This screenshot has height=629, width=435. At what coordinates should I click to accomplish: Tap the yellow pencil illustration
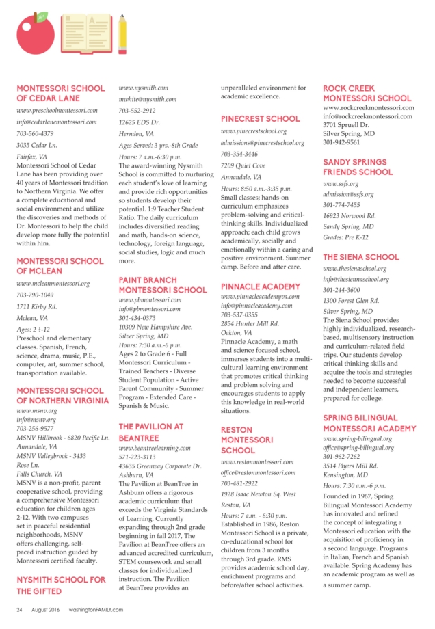(122, 32)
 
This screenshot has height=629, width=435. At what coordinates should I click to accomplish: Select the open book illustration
(85, 31)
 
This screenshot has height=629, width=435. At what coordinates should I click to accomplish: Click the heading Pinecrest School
(260, 119)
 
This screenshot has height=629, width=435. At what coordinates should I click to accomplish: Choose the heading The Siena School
(360, 258)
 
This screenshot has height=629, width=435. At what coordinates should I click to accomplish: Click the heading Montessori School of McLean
(60, 266)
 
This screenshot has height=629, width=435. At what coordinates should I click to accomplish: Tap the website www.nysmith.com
(144, 88)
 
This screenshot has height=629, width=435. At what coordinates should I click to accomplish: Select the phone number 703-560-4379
(35, 134)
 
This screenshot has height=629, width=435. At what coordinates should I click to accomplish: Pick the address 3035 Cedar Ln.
(37, 146)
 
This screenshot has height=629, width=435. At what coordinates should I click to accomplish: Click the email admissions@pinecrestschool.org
(263, 143)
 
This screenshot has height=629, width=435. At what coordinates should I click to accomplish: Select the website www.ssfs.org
(340, 184)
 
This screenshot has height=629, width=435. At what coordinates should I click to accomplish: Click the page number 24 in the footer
(20, 609)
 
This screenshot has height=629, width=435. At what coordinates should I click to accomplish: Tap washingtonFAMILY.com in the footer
(96, 609)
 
